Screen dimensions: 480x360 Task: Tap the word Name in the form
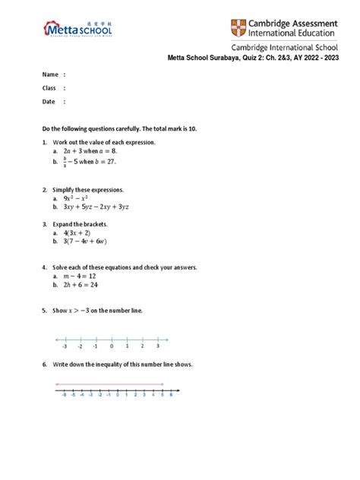click(x=50, y=74)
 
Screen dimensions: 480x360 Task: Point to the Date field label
click(x=49, y=102)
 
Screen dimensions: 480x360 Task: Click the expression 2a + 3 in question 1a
click(x=74, y=152)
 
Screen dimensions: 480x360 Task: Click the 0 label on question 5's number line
click(x=112, y=346)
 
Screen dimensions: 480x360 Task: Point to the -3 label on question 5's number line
click(x=65, y=346)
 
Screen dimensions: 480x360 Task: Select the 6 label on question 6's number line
click(x=172, y=395)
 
